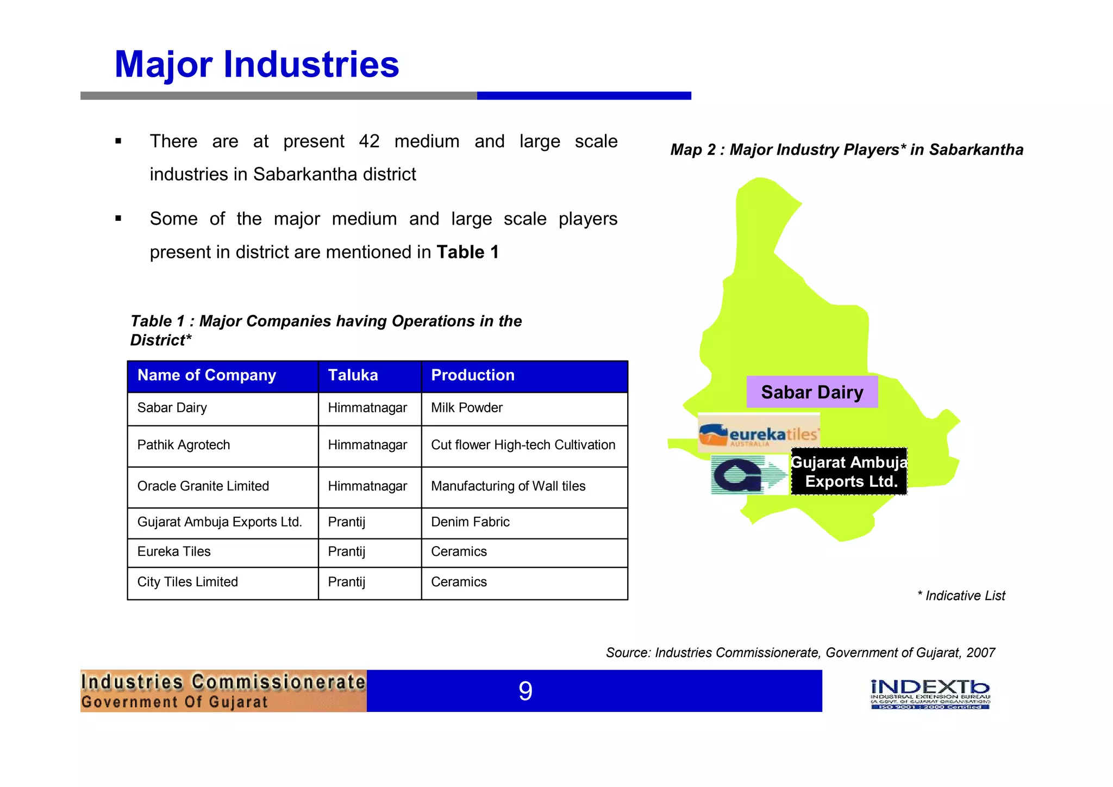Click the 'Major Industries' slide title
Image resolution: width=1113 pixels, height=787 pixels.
(x=257, y=65)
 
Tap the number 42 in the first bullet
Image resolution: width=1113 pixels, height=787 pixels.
(x=369, y=141)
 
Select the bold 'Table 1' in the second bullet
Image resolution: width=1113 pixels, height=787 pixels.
(x=467, y=252)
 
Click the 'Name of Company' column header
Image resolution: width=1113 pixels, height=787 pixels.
(x=207, y=375)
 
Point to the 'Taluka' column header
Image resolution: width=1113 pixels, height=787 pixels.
(x=353, y=375)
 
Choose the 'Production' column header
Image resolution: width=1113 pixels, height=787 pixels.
(x=472, y=375)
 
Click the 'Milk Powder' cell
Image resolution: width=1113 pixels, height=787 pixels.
(x=466, y=408)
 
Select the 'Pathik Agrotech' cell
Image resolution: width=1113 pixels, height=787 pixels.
(x=184, y=445)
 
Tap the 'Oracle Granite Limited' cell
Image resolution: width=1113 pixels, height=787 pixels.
(x=203, y=486)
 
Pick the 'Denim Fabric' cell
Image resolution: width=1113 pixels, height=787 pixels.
(x=470, y=522)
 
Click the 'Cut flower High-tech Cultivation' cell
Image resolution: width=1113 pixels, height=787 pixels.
(x=523, y=445)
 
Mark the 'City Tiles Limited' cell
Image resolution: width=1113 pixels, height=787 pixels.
(x=187, y=582)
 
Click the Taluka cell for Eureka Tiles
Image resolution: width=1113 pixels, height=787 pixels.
(x=347, y=551)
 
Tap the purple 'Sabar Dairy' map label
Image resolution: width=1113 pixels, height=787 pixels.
(x=812, y=392)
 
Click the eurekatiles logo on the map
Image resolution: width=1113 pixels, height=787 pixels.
(x=759, y=433)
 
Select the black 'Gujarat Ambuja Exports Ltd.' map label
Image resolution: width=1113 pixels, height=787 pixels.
(x=849, y=472)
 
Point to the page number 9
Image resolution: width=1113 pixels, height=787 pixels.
(x=525, y=691)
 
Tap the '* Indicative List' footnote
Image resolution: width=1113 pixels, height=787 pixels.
(x=961, y=596)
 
